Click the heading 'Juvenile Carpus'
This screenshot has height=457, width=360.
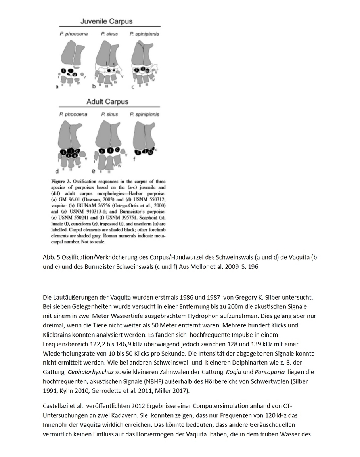(106, 21)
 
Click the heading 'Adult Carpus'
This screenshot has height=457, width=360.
(107, 101)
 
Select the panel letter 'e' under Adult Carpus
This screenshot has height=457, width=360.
(94, 171)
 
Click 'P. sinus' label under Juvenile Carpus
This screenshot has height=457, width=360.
(109, 34)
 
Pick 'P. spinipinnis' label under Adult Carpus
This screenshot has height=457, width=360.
(144, 114)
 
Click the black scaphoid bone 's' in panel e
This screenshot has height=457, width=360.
(102, 151)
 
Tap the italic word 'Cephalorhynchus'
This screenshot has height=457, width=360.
(91, 372)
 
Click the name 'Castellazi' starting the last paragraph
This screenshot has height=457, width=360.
(56, 406)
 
